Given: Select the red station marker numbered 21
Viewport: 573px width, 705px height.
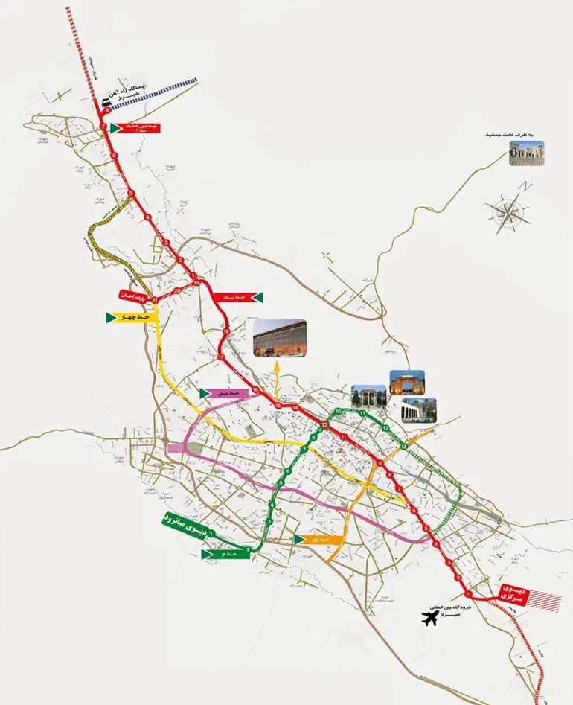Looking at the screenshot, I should (155, 300).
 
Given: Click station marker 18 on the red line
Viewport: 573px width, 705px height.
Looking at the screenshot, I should (226, 331).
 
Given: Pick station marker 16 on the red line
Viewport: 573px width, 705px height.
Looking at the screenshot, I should (255, 390).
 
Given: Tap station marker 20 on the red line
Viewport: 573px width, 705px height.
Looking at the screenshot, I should (177, 291).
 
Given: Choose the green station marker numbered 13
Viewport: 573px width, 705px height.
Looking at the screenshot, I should (403, 445).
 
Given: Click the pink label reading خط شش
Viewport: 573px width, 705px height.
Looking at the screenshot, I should (225, 392).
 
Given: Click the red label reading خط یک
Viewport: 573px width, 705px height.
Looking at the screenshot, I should (234, 297).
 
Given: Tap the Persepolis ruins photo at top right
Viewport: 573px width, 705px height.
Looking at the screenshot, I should (526, 153).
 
